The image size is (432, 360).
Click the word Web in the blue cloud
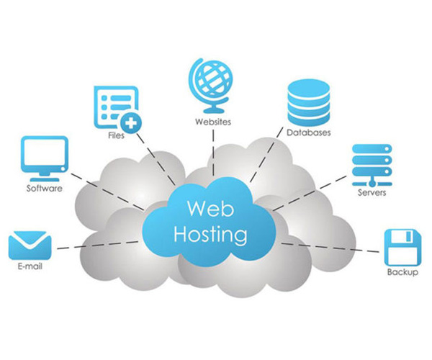[207, 208]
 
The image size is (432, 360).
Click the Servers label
[372, 193]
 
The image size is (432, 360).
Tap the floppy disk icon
[402, 247]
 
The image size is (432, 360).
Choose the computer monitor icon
[45, 157]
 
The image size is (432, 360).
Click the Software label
[45, 189]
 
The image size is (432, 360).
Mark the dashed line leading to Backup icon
[331, 248]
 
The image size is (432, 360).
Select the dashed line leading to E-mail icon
[94, 246]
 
